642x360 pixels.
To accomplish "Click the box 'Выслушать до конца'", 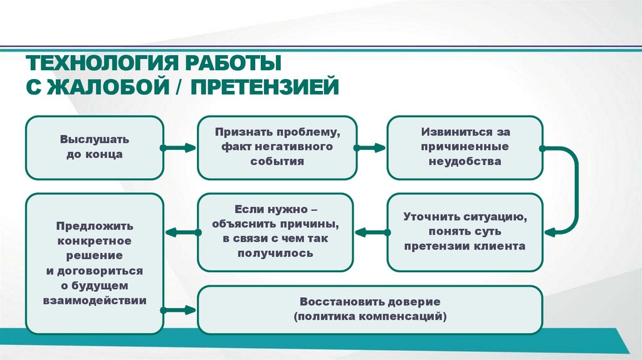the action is coord(94,147).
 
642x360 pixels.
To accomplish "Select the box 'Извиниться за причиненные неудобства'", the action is coord(465,147).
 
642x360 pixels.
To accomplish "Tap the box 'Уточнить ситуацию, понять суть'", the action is coord(465,232).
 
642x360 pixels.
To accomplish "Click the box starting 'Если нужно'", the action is coord(276,232).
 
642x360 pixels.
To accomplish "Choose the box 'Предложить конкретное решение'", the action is coord(94,263).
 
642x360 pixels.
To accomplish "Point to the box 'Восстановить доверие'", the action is coord(370,309).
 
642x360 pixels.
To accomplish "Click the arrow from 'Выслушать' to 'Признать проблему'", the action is coord(181,149).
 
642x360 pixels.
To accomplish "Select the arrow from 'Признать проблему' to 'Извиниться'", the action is coord(370,149).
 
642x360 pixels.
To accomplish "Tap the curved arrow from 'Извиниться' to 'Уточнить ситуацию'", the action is coord(572,188).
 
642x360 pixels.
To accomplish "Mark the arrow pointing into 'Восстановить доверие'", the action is coord(181,309).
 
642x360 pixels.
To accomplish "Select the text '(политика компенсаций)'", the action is coord(370,317).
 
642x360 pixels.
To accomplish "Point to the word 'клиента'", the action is coord(503,246).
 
